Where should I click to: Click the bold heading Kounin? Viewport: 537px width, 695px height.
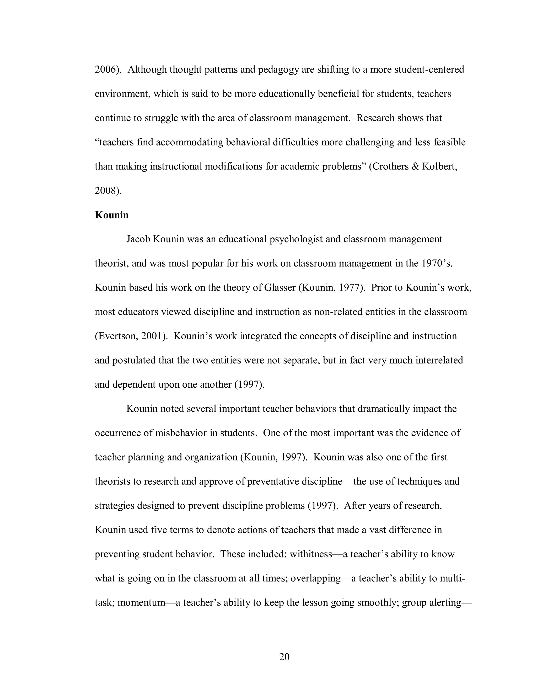click(x=112, y=215)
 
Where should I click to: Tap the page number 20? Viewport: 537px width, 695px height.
click(x=284, y=657)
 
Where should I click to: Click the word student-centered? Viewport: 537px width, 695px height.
click(x=429, y=69)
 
